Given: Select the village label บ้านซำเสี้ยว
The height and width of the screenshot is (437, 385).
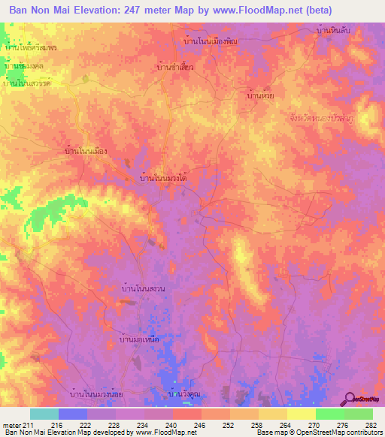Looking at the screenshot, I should coord(175,67).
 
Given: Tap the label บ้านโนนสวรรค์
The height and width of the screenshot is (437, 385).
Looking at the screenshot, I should coord(27,83).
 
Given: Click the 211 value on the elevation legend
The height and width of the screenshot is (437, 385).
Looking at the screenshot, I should coord(25,424).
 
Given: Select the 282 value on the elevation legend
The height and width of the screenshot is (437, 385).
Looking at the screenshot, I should coord(371,424).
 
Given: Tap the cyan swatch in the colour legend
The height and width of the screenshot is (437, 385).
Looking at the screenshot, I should coord(44,414).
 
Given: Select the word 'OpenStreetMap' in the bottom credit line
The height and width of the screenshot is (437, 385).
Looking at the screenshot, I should coord(326,432).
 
